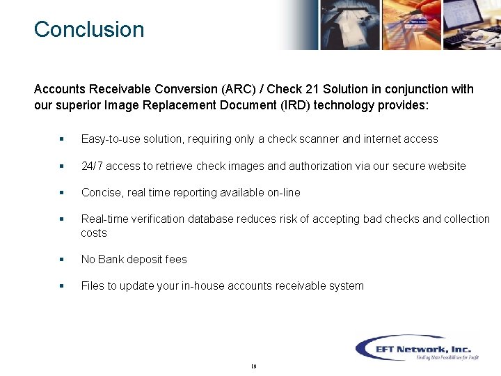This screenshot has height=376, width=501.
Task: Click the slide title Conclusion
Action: click(89, 29)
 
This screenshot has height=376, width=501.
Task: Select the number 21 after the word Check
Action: click(312, 89)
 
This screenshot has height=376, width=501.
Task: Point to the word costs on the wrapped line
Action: click(94, 233)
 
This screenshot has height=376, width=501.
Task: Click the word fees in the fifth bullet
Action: click(176, 259)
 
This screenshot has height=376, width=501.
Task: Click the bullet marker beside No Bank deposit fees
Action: click(62, 259)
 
